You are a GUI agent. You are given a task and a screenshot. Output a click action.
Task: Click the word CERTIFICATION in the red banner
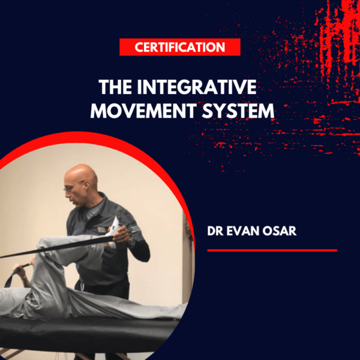click(180, 47)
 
